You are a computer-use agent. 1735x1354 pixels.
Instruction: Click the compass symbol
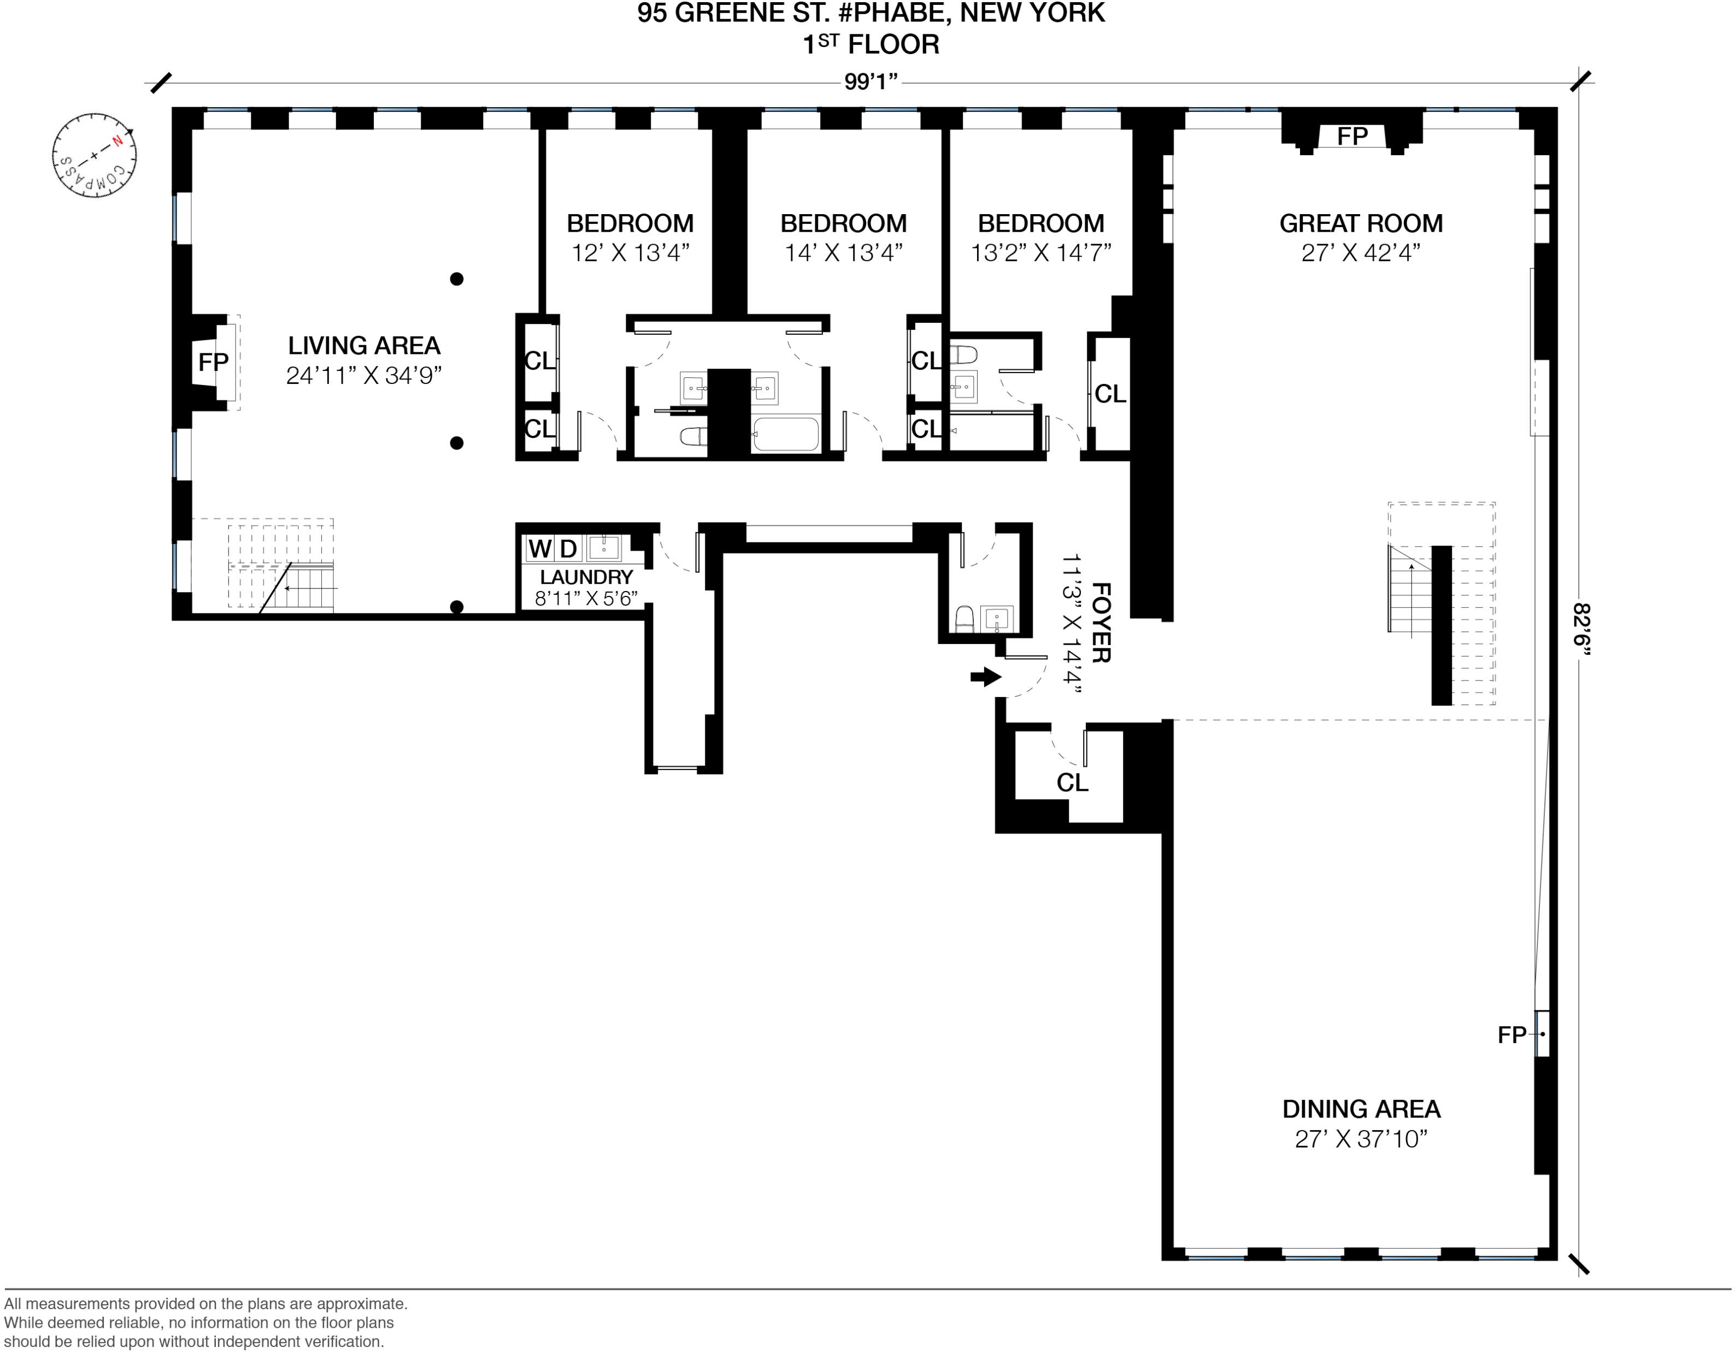pos(95,155)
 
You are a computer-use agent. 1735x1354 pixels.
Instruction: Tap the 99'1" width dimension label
pos(871,82)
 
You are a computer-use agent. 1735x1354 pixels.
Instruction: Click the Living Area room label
pos(364,345)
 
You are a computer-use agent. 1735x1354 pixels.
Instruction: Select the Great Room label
pos(1361,223)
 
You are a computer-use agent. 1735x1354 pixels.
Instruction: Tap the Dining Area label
pos(1361,1109)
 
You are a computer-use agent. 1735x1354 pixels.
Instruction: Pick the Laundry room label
pos(586,577)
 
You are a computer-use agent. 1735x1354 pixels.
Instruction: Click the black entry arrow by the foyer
pos(986,677)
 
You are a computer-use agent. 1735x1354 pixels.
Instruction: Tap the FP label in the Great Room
pos(1352,137)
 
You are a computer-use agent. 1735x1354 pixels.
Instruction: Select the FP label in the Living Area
pos(213,362)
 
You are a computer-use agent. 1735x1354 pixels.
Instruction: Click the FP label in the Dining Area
pos(1511,1035)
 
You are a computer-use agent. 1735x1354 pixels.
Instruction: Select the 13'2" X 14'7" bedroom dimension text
pos(1040,252)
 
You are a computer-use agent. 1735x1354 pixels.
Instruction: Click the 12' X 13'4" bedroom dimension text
pos(630,252)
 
